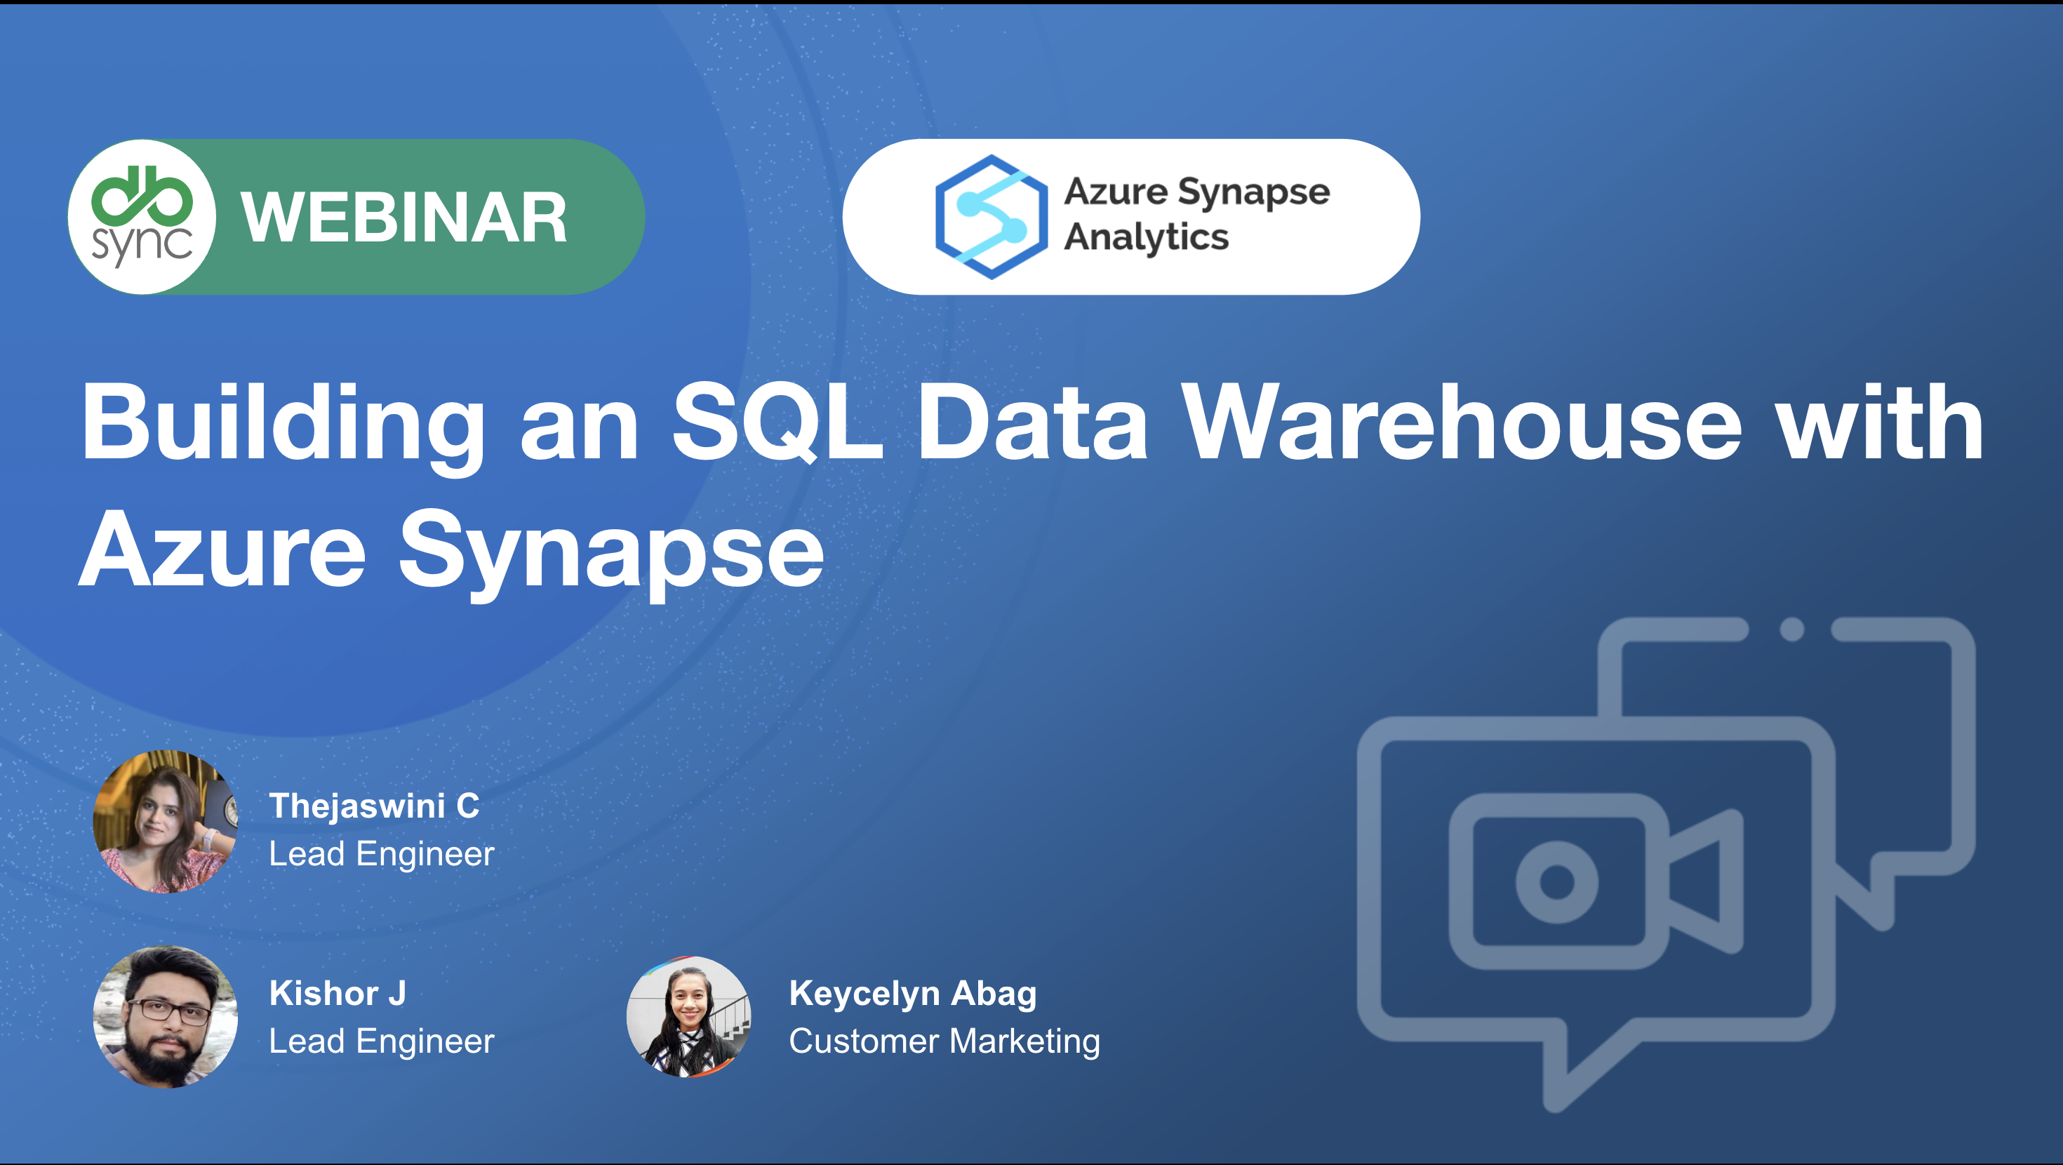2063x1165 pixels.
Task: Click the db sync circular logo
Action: point(142,216)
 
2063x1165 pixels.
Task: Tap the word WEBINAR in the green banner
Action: point(404,218)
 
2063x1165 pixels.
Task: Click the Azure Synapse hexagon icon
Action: point(992,217)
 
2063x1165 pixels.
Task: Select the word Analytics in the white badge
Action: point(1146,238)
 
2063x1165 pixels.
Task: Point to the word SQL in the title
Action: point(777,422)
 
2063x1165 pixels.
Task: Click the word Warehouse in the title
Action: point(1462,422)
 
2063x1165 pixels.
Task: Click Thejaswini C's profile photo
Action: point(165,822)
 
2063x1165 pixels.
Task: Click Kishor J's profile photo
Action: point(165,1017)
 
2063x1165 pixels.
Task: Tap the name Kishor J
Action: point(337,994)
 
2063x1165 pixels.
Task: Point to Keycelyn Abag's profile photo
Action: point(689,1017)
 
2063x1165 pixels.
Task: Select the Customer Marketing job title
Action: point(944,1041)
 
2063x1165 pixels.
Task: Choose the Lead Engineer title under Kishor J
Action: point(381,1041)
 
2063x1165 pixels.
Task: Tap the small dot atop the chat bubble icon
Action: point(1792,630)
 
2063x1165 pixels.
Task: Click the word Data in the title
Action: point(1032,422)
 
